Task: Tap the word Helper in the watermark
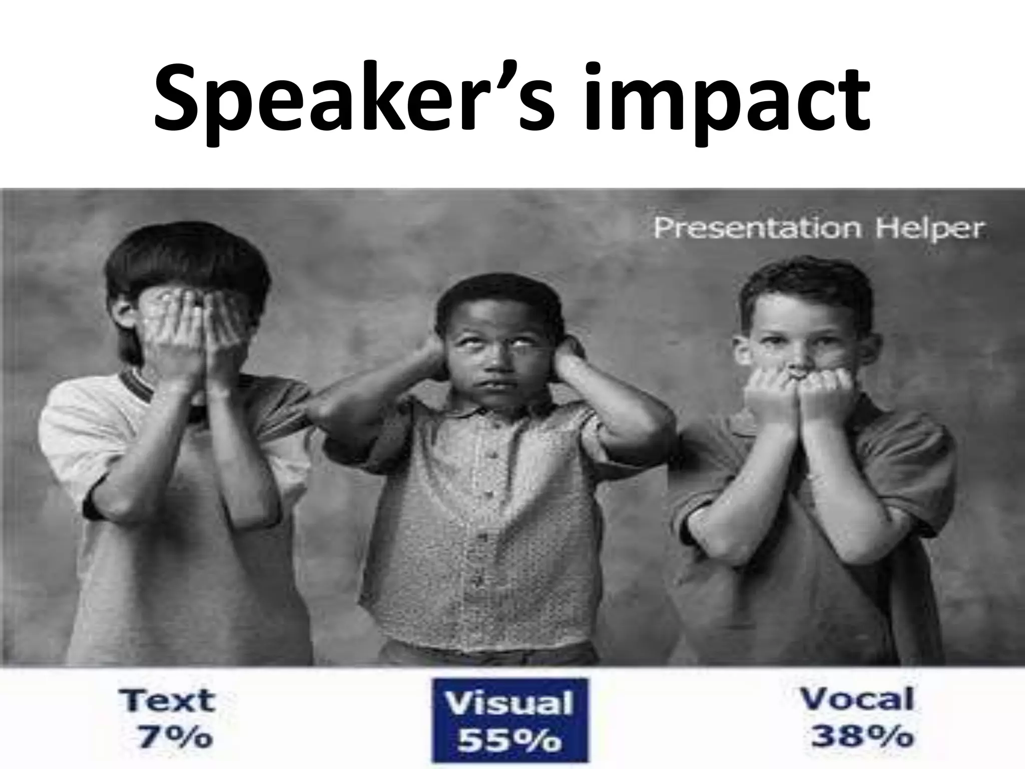click(x=929, y=229)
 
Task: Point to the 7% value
click(x=175, y=736)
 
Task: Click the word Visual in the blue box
click(x=509, y=703)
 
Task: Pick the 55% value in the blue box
click(x=509, y=740)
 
